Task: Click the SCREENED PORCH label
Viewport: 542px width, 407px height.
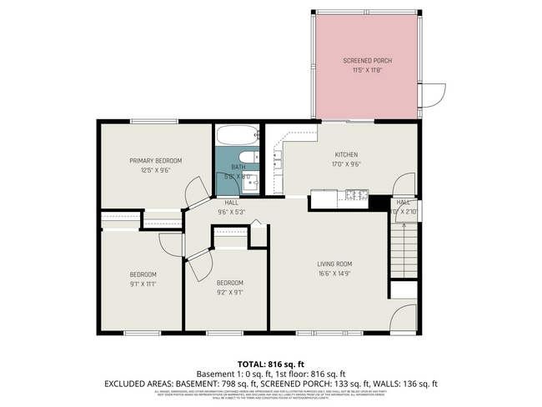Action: coord(367,61)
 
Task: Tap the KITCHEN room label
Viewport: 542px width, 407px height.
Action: coord(346,155)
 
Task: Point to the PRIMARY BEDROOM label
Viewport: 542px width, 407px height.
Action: coord(155,160)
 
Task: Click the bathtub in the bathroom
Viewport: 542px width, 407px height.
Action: coord(239,135)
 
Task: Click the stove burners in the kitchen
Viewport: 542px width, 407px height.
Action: coord(356,197)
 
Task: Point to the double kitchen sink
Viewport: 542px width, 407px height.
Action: coord(324,198)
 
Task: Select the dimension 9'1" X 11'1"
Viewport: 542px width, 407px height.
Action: coord(143,284)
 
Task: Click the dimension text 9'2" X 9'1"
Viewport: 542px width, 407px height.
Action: coord(229,292)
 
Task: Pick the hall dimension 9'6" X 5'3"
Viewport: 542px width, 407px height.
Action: coord(232,212)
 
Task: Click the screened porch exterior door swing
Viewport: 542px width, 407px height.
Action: coord(431,98)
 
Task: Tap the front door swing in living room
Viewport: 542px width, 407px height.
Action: coord(403,319)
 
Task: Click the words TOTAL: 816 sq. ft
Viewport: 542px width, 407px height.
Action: coord(270,364)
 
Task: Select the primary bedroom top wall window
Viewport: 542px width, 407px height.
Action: coord(153,122)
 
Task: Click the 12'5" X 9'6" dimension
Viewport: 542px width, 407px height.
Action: coord(155,169)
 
